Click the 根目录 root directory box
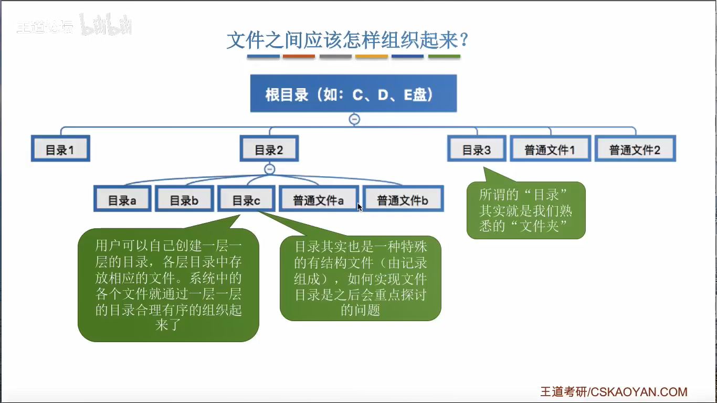[x=353, y=93]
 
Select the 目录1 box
[x=60, y=149]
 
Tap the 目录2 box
[x=269, y=149]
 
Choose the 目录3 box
[x=477, y=149]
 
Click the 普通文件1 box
[x=550, y=149]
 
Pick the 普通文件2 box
[x=635, y=149]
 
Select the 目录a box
[x=122, y=199]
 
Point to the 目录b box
[x=184, y=199]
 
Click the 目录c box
[x=246, y=199]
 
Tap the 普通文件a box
[x=319, y=199]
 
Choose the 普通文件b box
[x=403, y=199]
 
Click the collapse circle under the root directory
[x=354, y=119]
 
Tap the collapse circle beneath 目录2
[x=269, y=169]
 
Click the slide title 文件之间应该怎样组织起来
[x=347, y=40]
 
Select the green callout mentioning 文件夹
[x=525, y=211]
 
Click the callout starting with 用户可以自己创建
[x=168, y=285]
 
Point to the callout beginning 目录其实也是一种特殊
[x=361, y=278]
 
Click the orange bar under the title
[x=299, y=56]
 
